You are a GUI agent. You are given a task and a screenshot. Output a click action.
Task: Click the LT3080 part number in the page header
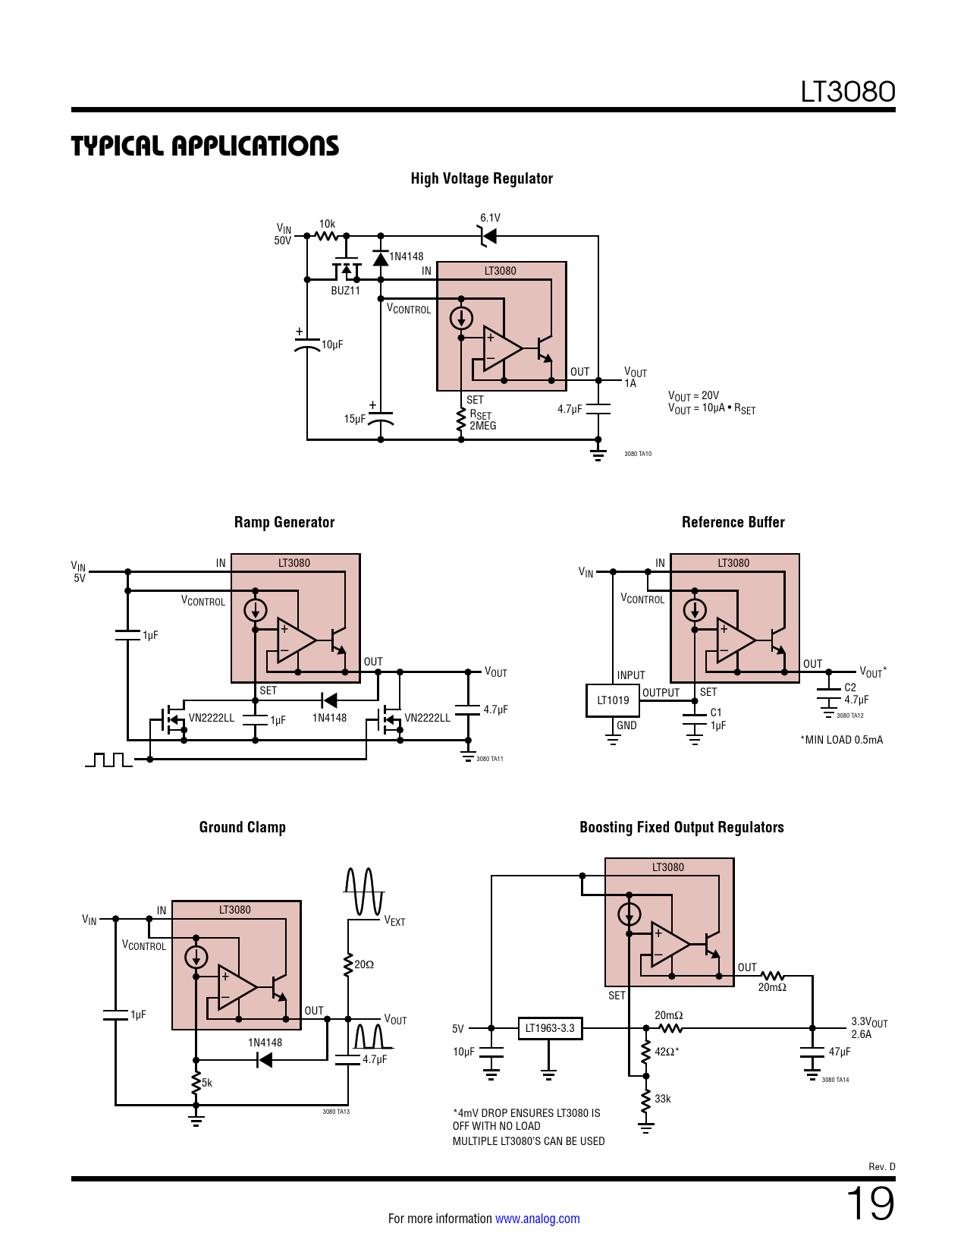847,92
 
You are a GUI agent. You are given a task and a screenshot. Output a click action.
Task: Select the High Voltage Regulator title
482,178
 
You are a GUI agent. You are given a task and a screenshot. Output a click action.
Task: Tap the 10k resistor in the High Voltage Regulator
327,234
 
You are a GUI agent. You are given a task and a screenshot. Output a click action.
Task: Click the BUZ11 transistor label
345,291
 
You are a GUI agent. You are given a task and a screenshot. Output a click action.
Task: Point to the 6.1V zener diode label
490,218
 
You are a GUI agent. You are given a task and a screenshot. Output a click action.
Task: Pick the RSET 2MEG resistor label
482,420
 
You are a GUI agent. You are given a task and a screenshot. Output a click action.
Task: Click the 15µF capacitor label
354,419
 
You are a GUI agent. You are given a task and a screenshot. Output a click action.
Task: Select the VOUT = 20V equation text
693,395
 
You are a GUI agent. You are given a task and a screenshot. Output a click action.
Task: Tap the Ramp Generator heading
284,522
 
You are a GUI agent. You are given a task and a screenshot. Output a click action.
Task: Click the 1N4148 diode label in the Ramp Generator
329,718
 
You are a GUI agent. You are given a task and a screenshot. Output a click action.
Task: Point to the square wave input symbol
108,759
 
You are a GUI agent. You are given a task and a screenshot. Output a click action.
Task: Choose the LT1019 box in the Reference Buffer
613,700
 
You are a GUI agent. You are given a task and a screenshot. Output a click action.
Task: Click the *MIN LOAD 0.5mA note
841,740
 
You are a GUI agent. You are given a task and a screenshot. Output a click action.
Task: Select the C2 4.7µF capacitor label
856,694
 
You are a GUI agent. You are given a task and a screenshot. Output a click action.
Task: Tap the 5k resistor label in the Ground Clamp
206,1083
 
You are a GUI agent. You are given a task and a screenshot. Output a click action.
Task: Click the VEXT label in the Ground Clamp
394,920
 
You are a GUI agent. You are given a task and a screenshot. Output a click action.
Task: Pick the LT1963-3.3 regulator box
550,1028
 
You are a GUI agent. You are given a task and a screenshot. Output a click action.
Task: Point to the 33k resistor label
662,1099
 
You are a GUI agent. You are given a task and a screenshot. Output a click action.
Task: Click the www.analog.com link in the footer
537,1219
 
